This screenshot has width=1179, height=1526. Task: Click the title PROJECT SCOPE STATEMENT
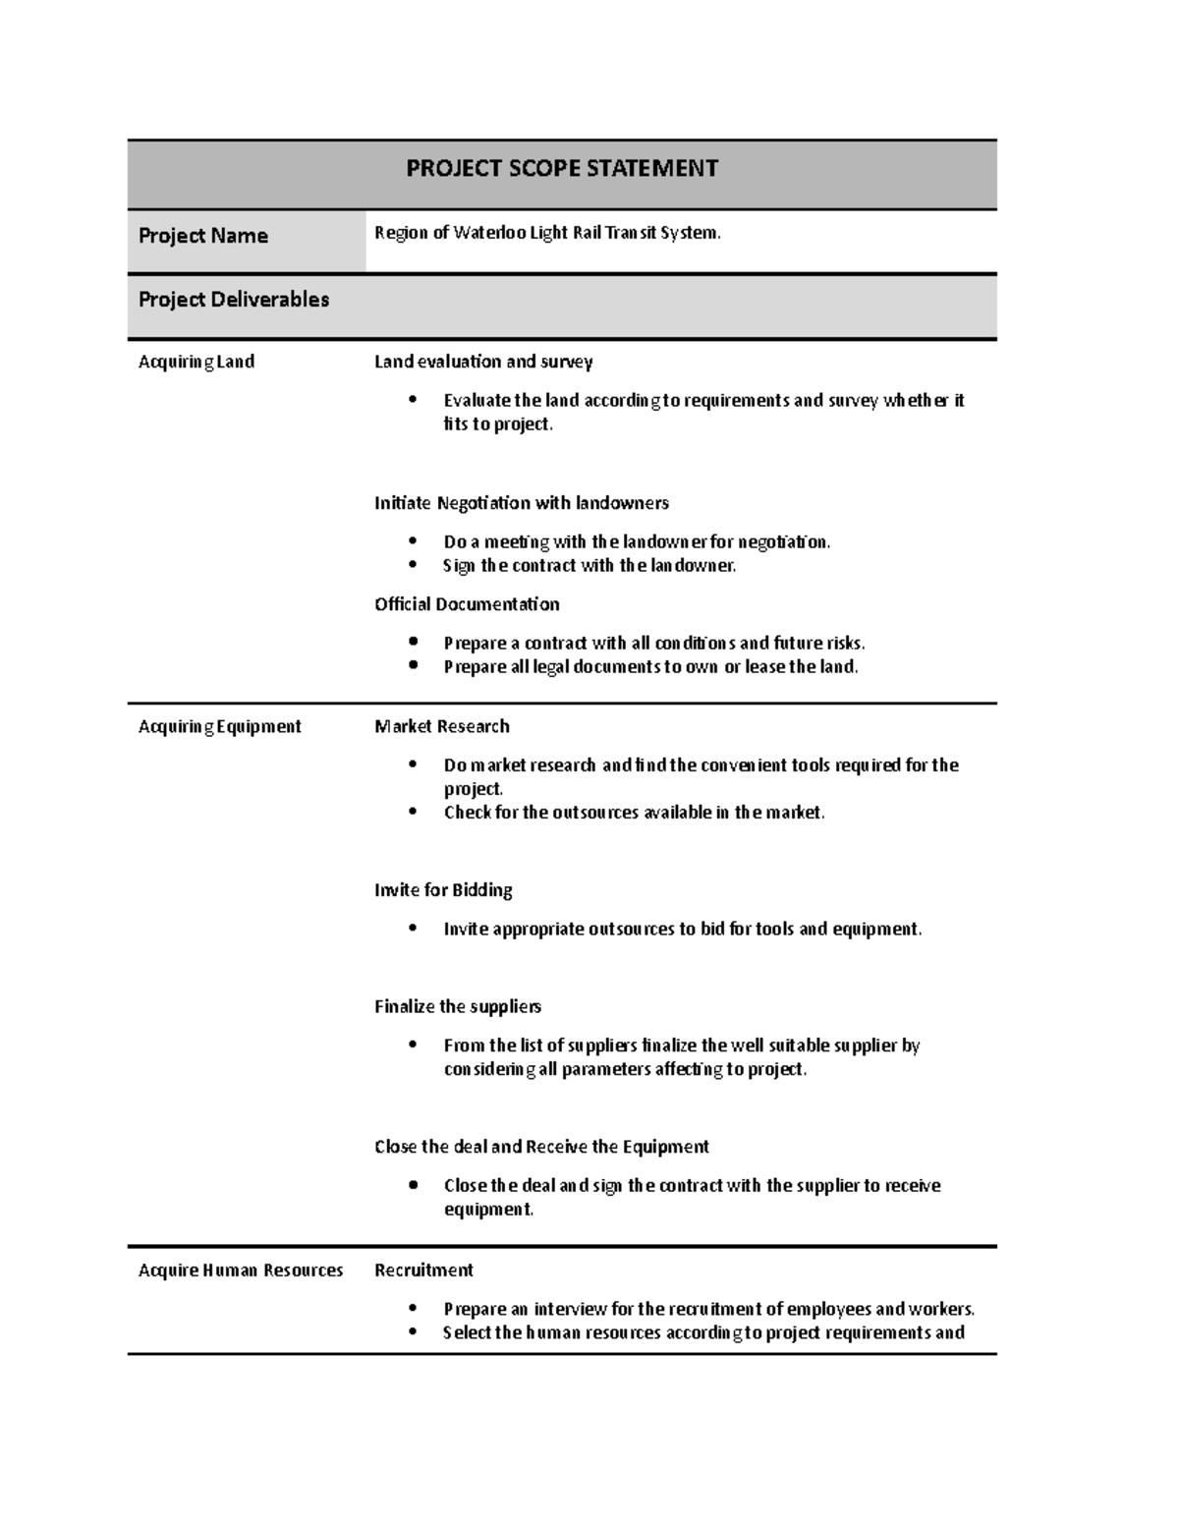562,169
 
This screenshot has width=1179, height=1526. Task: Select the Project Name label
203,236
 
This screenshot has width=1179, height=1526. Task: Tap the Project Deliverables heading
234,300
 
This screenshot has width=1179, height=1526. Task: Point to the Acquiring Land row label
196,362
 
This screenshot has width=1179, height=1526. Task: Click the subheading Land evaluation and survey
483,362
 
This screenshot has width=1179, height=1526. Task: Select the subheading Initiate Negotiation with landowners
521,503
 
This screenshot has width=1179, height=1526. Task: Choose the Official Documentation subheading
467,604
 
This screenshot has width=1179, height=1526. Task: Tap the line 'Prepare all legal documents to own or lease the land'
650,667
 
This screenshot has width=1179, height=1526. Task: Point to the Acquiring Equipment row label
220,726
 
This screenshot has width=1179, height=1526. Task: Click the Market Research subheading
442,726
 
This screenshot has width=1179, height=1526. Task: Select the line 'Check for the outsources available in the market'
634,813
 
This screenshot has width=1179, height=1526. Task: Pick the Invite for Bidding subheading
443,890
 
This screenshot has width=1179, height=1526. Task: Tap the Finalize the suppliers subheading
458,1006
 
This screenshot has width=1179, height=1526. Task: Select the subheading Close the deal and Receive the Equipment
541,1147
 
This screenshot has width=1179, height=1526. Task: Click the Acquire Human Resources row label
241,1271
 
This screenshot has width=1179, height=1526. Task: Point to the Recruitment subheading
423,1271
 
